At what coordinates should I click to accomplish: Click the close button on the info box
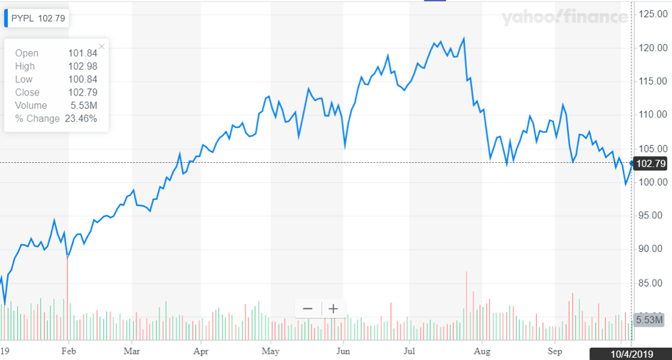click(102, 47)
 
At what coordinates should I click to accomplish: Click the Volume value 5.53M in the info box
click(85, 105)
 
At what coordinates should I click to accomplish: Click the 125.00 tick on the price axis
click(651, 14)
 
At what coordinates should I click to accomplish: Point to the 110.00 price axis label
click(651, 115)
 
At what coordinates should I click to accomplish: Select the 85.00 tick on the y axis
click(651, 283)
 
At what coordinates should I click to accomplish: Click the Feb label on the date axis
click(68, 351)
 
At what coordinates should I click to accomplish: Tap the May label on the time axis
click(270, 351)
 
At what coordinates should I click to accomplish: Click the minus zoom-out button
click(308, 308)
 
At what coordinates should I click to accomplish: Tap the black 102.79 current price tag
click(651, 164)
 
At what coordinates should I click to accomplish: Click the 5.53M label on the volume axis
click(649, 319)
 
